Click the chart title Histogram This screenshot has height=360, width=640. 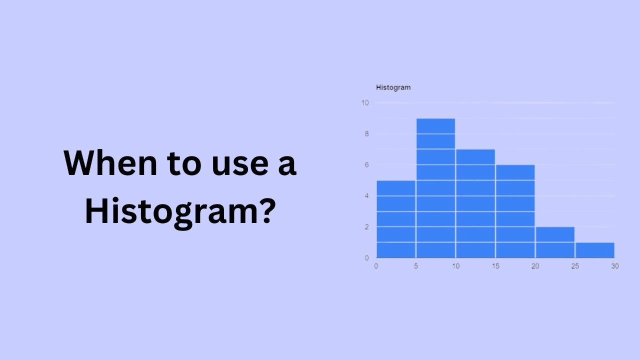393,87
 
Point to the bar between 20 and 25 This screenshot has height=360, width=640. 555,242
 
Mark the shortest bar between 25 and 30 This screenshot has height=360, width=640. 594,250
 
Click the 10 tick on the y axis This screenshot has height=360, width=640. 365,103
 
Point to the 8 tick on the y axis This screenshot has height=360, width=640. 366,134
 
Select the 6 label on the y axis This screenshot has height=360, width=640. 366,165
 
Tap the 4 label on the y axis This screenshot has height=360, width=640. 366,196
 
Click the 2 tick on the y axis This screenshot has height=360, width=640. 366,227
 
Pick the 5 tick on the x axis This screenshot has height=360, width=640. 416,266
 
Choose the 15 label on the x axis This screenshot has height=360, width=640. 495,266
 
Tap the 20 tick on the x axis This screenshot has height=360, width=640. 535,266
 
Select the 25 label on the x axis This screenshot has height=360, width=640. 575,266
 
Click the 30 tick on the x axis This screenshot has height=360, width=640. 614,266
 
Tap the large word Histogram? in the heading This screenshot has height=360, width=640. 180,211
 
